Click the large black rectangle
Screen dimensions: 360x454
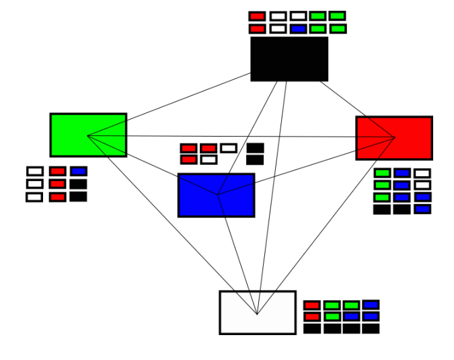tap(289, 59)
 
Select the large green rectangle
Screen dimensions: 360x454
tap(88, 135)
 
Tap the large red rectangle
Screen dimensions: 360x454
tap(394, 138)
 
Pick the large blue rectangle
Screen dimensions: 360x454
tap(216, 195)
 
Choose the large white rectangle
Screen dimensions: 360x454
tap(258, 312)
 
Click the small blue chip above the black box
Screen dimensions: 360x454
tap(298, 29)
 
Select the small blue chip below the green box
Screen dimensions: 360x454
tap(79, 172)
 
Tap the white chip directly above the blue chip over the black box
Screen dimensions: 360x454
tap(298, 16)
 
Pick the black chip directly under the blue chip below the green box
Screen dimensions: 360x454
tap(79, 184)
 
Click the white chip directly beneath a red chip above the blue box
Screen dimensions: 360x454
tap(209, 159)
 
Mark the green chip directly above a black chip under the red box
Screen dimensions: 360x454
tap(382, 197)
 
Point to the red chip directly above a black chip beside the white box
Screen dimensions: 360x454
tap(312, 316)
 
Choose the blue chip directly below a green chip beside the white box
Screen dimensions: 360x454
tap(351, 316)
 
